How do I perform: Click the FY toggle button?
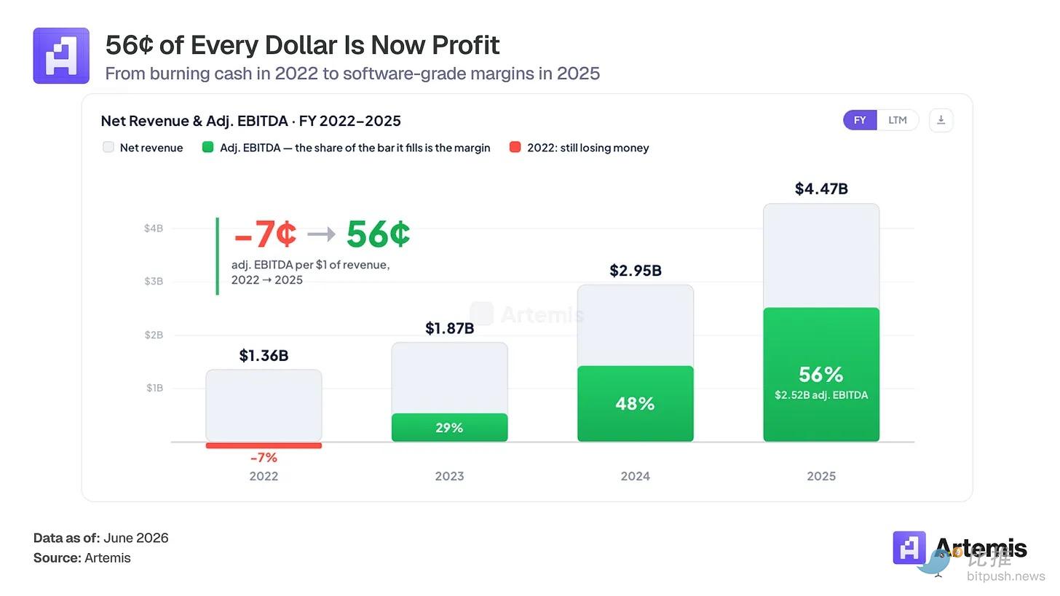click(860, 120)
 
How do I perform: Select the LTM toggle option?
click(897, 120)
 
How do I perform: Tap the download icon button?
click(941, 120)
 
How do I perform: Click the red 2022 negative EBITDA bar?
click(264, 445)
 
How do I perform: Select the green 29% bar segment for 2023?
click(450, 428)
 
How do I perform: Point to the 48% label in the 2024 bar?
click(635, 404)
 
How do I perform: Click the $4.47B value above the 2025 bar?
click(821, 188)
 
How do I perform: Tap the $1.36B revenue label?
click(264, 355)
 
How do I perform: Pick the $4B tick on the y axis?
click(154, 229)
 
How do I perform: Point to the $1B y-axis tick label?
click(154, 388)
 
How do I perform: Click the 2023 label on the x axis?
click(450, 476)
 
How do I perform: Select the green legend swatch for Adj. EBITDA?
click(207, 147)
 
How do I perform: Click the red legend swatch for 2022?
click(515, 147)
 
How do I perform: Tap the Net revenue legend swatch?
click(108, 147)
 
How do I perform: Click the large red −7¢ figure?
click(266, 234)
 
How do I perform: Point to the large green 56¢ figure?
click(378, 234)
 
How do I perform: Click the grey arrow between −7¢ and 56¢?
click(321, 234)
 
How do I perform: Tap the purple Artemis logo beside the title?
click(61, 56)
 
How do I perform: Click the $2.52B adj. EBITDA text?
click(821, 395)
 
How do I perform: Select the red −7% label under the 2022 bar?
click(264, 458)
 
